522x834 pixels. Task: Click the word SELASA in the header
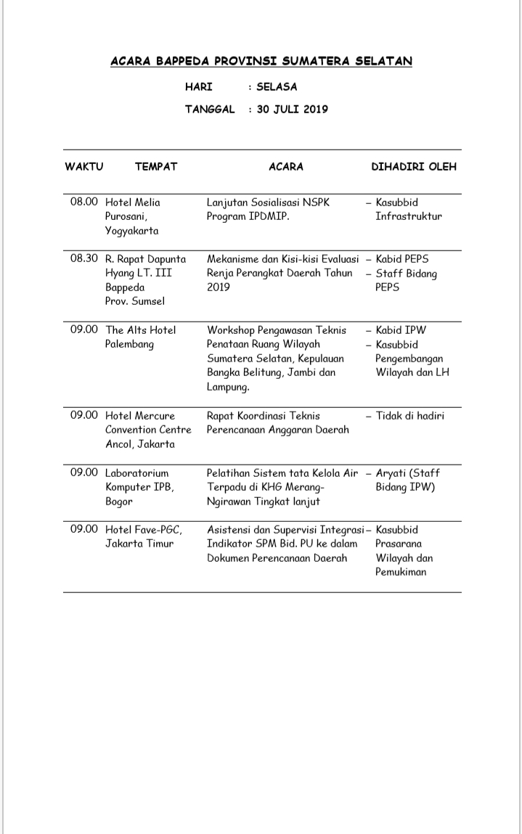(x=277, y=87)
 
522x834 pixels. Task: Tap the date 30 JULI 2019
(x=292, y=110)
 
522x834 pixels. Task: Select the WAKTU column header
(x=84, y=166)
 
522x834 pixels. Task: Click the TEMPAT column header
(x=156, y=166)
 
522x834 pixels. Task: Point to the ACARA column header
(x=286, y=166)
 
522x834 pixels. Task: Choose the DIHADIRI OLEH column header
(x=415, y=166)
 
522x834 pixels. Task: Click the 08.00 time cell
(x=83, y=202)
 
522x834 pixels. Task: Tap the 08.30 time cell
(x=83, y=258)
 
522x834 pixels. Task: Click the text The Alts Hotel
(x=141, y=330)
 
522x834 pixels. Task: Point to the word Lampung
(x=227, y=387)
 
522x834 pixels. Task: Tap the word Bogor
(x=119, y=502)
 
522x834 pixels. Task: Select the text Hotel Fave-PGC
(x=144, y=529)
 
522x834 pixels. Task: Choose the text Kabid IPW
(x=401, y=330)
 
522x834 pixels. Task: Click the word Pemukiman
(x=401, y=572)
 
